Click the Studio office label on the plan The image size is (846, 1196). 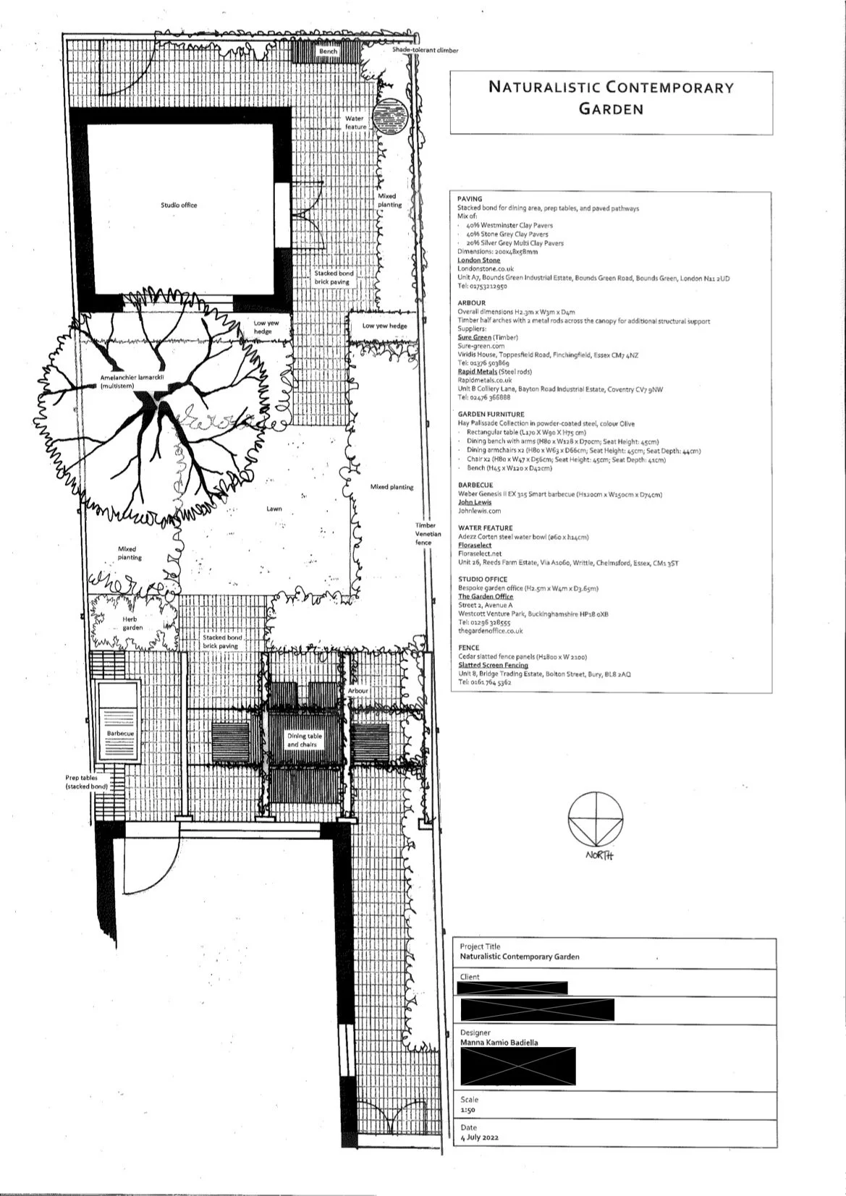pyautogui.click(x=179, y=205)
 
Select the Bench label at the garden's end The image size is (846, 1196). pyautogui.click(x=328, y=51)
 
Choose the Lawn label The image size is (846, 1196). pyautogui.click(x=274, y=509)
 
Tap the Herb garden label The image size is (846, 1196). pyautogui.click(x=132, y=624)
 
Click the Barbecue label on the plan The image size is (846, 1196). pyautogui.click(x=120, y=734)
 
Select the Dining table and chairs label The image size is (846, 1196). pyautogui.click(x=303, y=739)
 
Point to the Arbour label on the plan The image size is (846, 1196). pyautogui.click(x=358, y=691)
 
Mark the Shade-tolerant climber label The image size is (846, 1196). pyautogui.click(x=426, y=51)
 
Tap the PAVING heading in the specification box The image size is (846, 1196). pyautogui.click(x=470, y=199)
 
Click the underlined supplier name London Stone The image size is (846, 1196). pyautogui.click(x=478, y=260)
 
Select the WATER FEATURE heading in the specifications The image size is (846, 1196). pyautogui.click(x=485, y=528)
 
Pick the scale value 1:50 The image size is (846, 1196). pyautogui.click(x=468, y=1110)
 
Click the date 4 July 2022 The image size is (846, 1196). pyautogui.click(x=480, y=1137)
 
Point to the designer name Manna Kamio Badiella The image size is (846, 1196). pyautogui.click(x=499, y=1043)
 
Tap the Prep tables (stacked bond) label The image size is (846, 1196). pyautogui.click(x=86, y=781)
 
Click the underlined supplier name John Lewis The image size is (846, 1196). pyautogui.click(x=474, y=502)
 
